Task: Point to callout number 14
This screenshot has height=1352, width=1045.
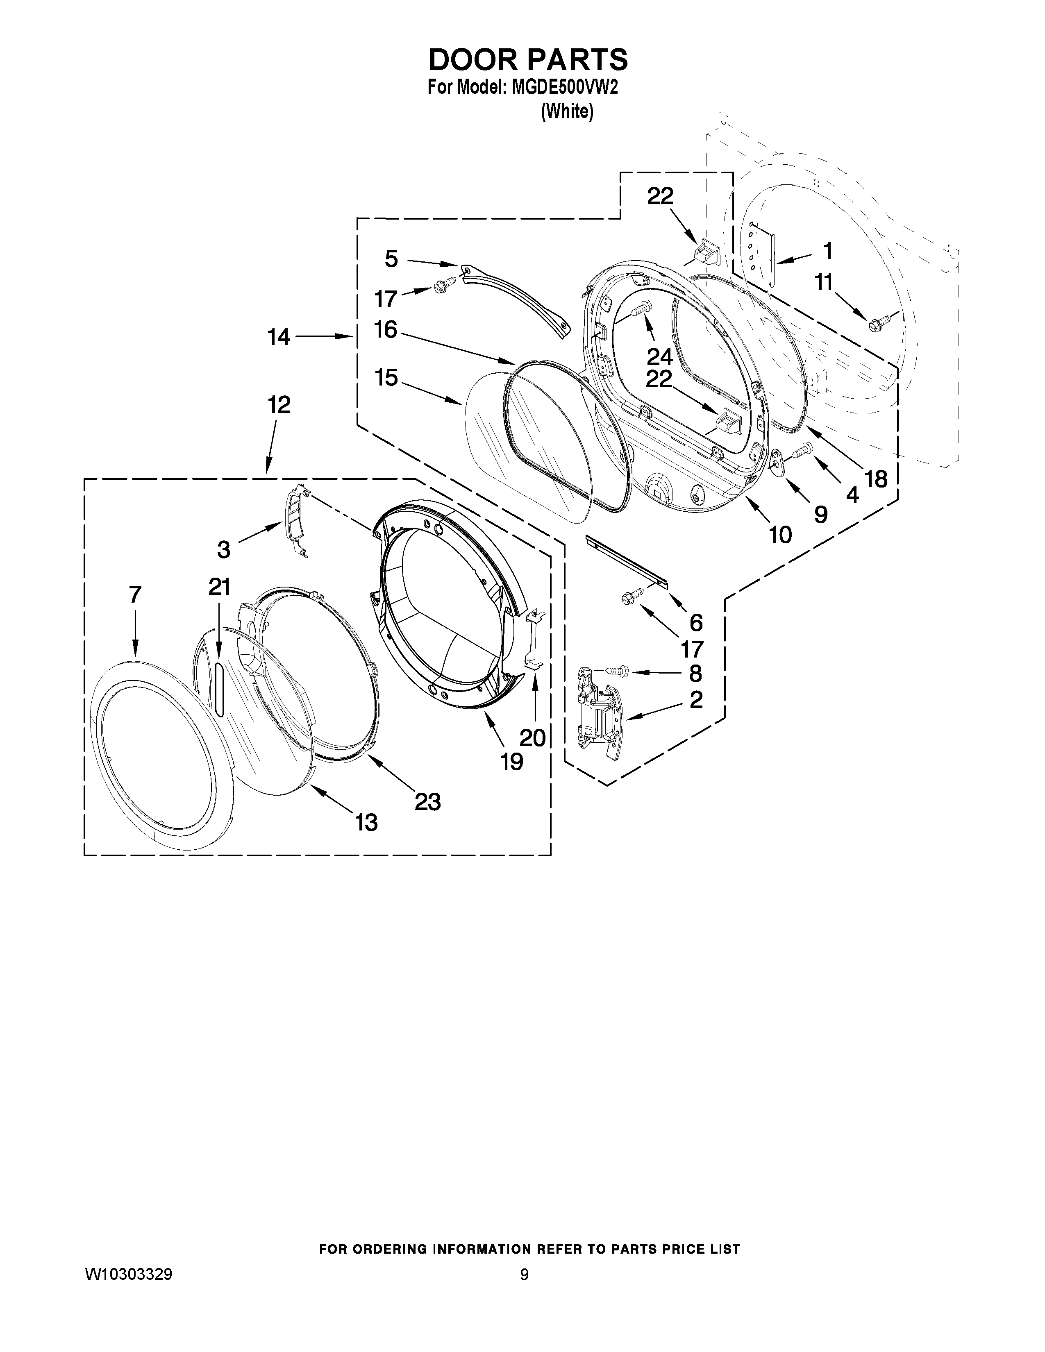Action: coord(279,337)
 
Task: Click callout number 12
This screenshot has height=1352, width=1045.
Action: coord(279,406)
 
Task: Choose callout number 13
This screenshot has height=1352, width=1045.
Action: coord(366,823)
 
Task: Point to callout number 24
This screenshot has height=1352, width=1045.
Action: coord(659,357)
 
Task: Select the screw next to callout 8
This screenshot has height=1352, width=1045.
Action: coord(616,670)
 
